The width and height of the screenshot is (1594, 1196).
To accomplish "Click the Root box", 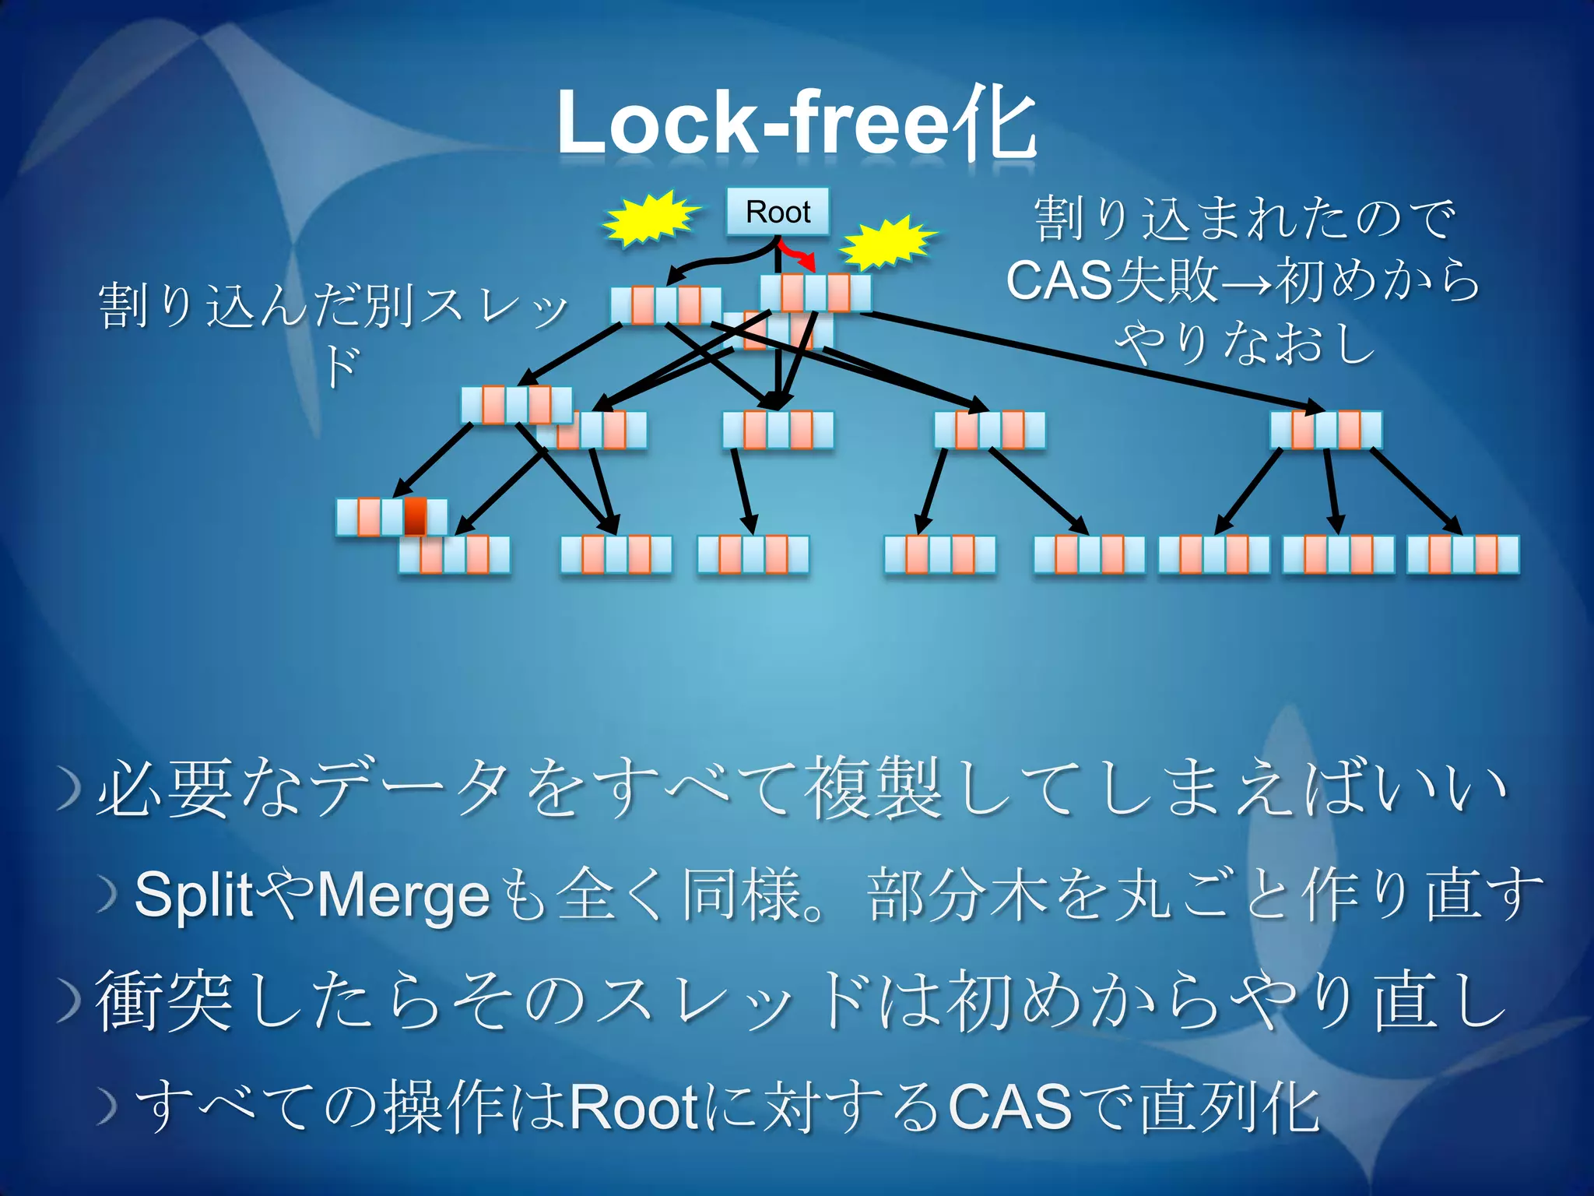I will (778, 212).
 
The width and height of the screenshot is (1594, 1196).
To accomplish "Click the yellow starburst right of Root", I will (887, 242).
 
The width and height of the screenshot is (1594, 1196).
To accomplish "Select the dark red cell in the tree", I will (415, 517).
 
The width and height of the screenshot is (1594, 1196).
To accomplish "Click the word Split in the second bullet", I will (194, 895).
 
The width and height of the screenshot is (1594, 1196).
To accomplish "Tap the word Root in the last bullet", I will (634, 1106).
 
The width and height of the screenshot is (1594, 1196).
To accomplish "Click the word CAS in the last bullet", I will (1010, 1106).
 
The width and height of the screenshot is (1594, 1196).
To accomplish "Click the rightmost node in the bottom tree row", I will (1462, 554).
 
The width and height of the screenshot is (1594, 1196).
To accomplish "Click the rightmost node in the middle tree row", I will (1325, 430).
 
